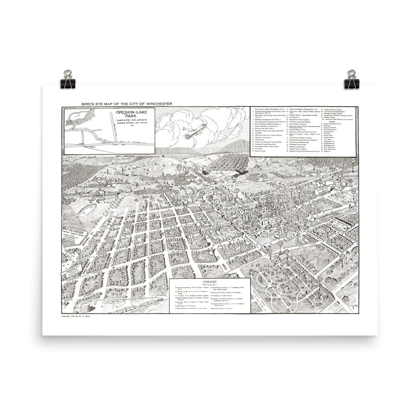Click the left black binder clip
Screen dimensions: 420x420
pos(67,79)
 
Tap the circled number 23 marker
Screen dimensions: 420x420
pos(100,180)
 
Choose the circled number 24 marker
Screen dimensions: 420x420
pos(113,181)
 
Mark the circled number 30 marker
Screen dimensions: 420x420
pos(320,279)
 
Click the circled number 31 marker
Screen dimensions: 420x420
pos(342,256)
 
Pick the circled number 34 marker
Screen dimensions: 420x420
pos(354,160)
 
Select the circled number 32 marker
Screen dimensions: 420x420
pos(331,161)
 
